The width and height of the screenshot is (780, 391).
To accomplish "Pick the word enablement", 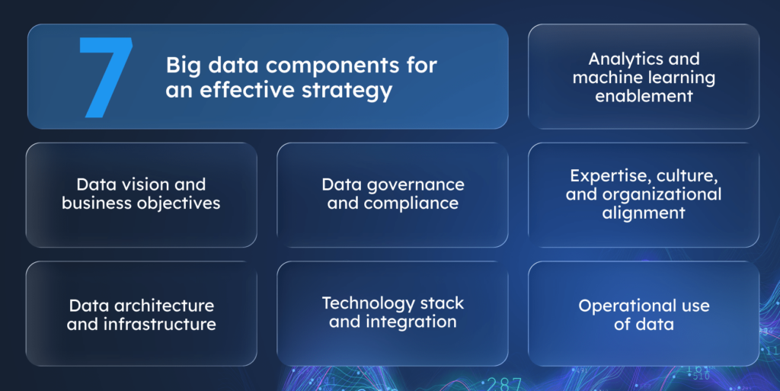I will click(644, 96).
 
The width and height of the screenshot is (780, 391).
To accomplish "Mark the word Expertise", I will click(608, 176).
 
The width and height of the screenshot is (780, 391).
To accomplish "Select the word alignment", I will click(644, 213).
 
